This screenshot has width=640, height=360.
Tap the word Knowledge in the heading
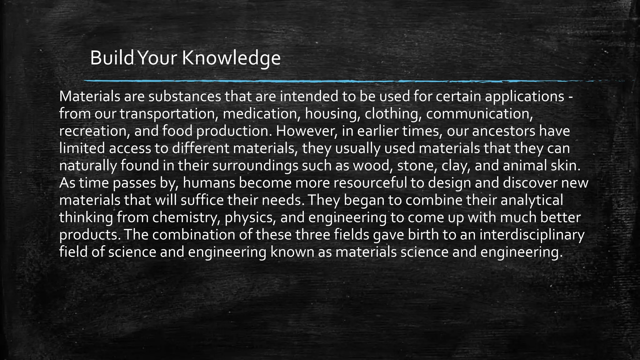(x=231, y=59)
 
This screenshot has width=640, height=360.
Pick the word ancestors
(x=503, y=131)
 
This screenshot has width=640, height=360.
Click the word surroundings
(x=255, y=166)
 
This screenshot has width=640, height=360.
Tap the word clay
(x=456, y=166)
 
